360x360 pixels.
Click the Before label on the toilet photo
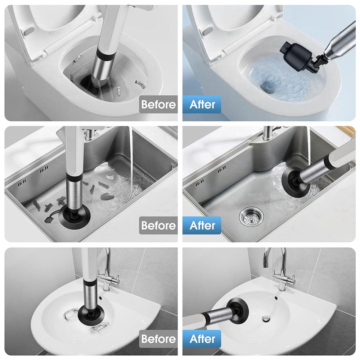tap(158, 104)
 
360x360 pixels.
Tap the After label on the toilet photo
tap(202, 104)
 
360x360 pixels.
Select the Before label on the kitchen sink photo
tap(158, 225)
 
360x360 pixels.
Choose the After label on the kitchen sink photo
tap(202, 225)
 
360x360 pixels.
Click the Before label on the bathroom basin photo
tap(158, 339)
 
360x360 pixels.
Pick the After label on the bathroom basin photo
tap(202, 339)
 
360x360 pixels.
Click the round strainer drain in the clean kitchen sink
tap(251, 216)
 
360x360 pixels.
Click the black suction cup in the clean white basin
tap(238, 310)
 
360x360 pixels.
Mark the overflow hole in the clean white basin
tap(276, 298)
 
